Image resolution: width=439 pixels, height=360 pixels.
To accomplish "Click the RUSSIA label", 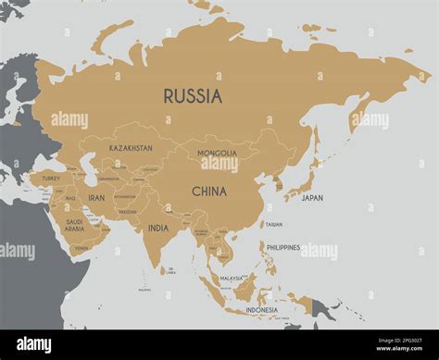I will click(193, 95).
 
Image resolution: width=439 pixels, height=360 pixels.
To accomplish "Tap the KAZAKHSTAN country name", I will click(131, 148).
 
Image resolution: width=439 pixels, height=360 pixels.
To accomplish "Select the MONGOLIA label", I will click(217, 153).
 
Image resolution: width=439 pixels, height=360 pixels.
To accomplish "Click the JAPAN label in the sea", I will click(312, 198).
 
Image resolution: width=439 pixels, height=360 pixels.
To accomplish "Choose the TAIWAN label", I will click(273, 224).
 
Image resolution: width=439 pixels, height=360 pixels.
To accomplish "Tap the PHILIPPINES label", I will click(283, 247).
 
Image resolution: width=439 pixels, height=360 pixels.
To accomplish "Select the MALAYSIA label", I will click(232, 278).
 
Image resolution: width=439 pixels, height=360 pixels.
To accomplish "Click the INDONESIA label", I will click(261, 310).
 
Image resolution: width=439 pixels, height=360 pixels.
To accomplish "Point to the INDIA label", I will click(158, 228).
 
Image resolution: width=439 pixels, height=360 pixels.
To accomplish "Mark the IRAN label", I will click(96, 197).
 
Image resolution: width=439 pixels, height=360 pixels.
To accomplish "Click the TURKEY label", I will click(51, 178).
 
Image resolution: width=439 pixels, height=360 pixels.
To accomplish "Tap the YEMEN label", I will click(82, 248).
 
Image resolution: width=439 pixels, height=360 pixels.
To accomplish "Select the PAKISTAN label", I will click(128, 212).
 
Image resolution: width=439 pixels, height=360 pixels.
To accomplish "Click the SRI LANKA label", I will click(170, 271).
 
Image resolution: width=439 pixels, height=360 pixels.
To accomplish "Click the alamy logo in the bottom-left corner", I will click(32, 344).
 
